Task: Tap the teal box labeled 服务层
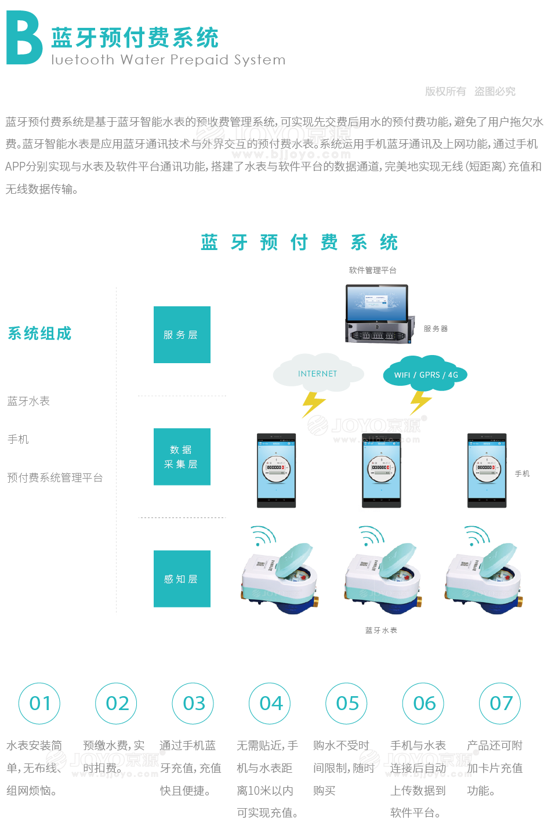coord(182,335)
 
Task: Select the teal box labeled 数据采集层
coord(182,457)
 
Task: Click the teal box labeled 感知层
coord(182,578)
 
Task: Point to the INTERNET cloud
coord(318,374)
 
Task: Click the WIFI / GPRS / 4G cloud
coord(426,375)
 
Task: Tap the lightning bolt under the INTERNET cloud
coord(313,403)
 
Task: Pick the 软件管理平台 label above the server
coord(372,270)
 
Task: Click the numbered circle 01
coord(40,703)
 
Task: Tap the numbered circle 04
coord(270,703)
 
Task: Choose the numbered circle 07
coord(501,703)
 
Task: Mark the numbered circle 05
coord(347,703)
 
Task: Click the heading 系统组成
coord(39,334)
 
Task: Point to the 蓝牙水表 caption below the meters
coord(381,630)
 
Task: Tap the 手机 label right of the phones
coord(522,474)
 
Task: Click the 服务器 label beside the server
coord(436,329)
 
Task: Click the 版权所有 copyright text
coord(445,91)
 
